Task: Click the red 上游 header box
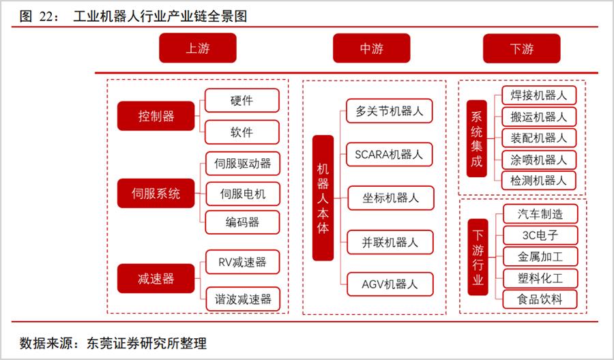coord(198,48)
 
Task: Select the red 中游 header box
coord(372,48)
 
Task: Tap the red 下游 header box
coord(522,48)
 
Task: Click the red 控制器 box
coord(156,116)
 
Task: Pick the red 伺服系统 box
coord(156,194)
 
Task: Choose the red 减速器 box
coord(156,279)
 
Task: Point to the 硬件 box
coord(242,100)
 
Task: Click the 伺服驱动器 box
coord(243,164)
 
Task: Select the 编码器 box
coord(243,222)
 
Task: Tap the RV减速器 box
coord(243,262)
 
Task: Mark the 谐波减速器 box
coord(243,299)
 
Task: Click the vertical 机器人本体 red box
coord(323,198)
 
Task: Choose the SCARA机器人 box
coord(390,155)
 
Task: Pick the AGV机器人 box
coord(390,284)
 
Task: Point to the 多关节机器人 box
coord(390,111)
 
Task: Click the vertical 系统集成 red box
coord(477,138)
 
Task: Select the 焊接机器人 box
coord(539,95)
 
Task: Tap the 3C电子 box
coord(540,235)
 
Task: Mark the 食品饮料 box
coord(540,299)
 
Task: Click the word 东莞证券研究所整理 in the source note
coord(147,343)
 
